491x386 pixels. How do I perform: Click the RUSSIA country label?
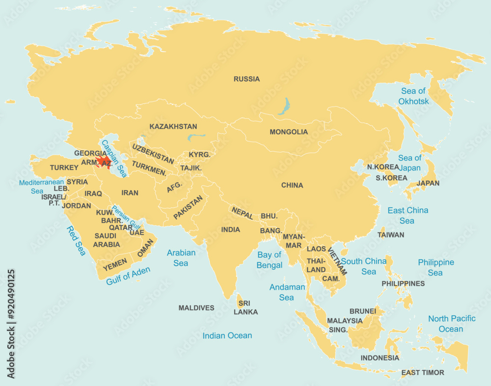coord(246,79)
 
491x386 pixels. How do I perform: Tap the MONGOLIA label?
coord(289,132)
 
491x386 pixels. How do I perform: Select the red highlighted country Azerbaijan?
coord(104,162)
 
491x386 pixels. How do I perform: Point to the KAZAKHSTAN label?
coord(173,127)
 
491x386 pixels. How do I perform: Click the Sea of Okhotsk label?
coord(413,96)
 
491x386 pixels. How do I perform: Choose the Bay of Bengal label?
coord(270,260)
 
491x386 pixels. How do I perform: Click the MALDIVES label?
coord(196,308)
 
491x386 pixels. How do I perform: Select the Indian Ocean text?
coord(227,336)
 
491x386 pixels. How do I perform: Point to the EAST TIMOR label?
coord(422,373)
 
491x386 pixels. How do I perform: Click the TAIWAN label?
coord(391,235)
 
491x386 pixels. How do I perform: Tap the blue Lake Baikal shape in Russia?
coord(283,106)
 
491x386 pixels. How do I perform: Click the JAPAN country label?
coord(428,183)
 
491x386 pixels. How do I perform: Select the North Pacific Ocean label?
coord(451,324)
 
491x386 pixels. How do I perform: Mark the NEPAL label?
coord(243,213)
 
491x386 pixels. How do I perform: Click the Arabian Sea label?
coord(181,258)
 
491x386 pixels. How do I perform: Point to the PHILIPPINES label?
coord(403,283)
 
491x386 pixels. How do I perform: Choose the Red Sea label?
coord(76,241)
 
